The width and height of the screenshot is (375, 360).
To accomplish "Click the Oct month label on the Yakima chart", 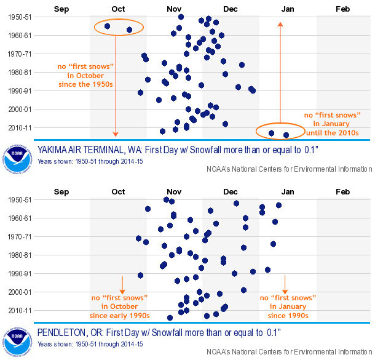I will coord(118,9).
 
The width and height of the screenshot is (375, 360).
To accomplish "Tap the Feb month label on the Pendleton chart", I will coord(342,192).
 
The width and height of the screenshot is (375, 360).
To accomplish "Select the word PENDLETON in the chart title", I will coord(65,332).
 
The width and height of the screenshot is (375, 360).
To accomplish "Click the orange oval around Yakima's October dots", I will coord(119,28).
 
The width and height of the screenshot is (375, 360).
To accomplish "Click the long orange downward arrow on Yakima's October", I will coord(115,86).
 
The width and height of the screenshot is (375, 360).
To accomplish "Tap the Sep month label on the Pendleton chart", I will coord(61,192).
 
